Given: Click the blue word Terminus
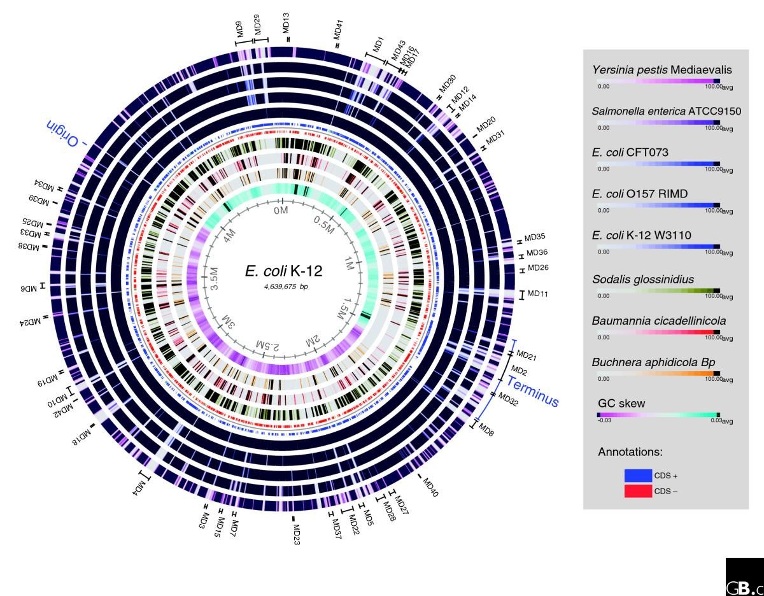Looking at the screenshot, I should [x=532, y=390].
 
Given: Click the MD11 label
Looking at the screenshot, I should [x=538, y=294].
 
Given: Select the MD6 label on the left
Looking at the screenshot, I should [x=29, y=287].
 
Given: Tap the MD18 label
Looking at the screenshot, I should [x=83, y=436].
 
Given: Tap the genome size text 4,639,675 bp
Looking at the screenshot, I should [x=283, y=287].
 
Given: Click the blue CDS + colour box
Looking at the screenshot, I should [x=638, y=475].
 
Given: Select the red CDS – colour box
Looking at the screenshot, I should [x=638, y=491].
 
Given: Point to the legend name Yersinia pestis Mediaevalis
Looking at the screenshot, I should [x=661, y=69].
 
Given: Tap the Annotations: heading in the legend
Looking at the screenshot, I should [x=630, y=451].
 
